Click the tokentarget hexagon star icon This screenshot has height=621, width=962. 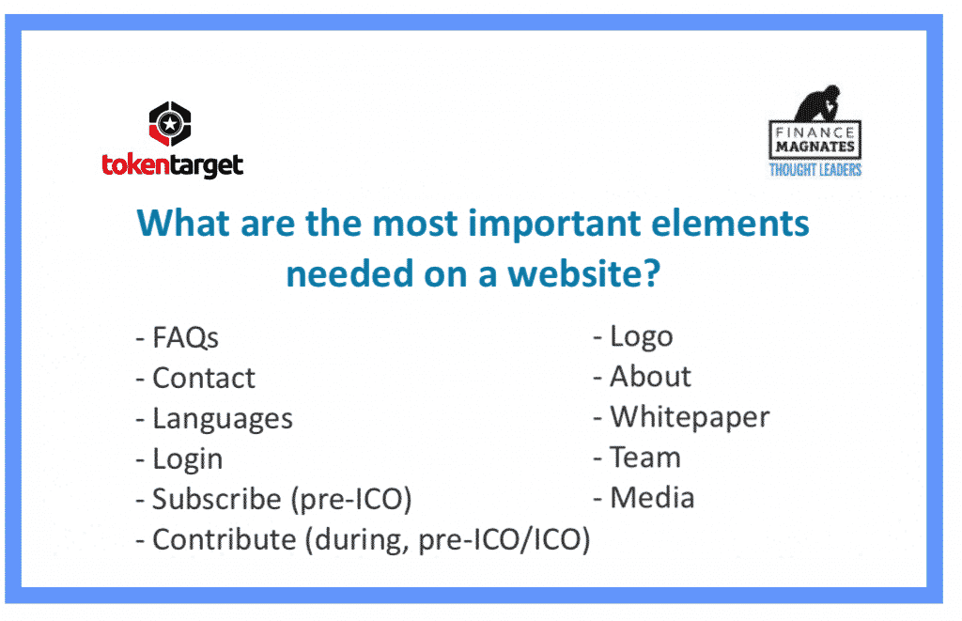170,124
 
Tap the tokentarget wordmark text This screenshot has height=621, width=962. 173,165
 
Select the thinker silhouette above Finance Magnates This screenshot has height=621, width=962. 817,102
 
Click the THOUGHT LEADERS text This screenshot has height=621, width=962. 815,170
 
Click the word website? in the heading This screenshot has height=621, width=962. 584,273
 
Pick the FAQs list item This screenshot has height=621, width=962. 185,337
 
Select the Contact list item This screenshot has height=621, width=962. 203,378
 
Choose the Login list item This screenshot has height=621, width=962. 187,459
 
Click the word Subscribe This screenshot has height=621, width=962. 217,499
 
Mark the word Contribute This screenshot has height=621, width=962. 224,539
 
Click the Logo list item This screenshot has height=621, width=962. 641,337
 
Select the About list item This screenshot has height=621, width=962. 650,376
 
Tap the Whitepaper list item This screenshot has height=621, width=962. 690,418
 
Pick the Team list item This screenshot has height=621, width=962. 645,458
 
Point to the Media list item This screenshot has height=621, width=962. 652,498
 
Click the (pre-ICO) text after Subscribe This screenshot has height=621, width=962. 351,500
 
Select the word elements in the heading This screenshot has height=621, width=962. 730,223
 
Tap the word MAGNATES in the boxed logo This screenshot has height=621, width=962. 815,147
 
